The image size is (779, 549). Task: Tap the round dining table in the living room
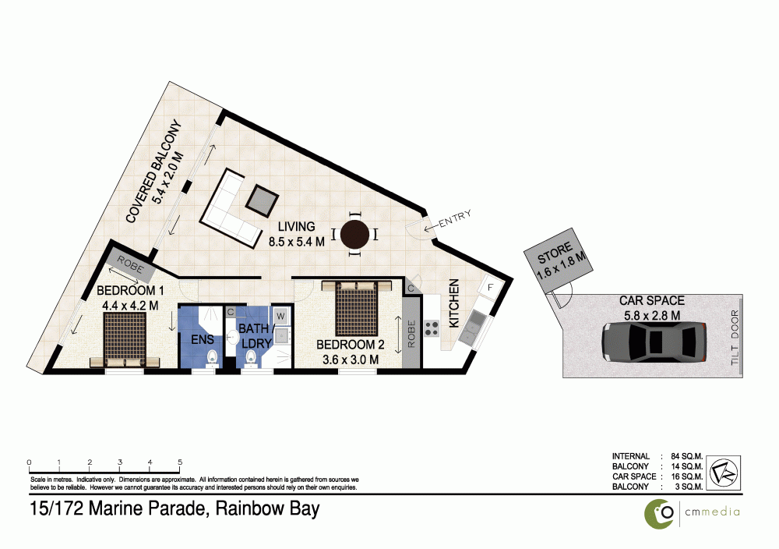pos(355,233)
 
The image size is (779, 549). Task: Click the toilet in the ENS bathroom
pos(211,356)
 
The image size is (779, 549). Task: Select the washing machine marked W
pos(280,316)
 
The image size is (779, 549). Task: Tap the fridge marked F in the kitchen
pos(490,288)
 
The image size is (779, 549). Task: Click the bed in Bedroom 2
pos(357,307)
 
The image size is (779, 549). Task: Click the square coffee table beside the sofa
pos(260,201)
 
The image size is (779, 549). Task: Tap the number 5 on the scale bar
pos(180,461)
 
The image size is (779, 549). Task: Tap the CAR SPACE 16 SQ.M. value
pos(687,476)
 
